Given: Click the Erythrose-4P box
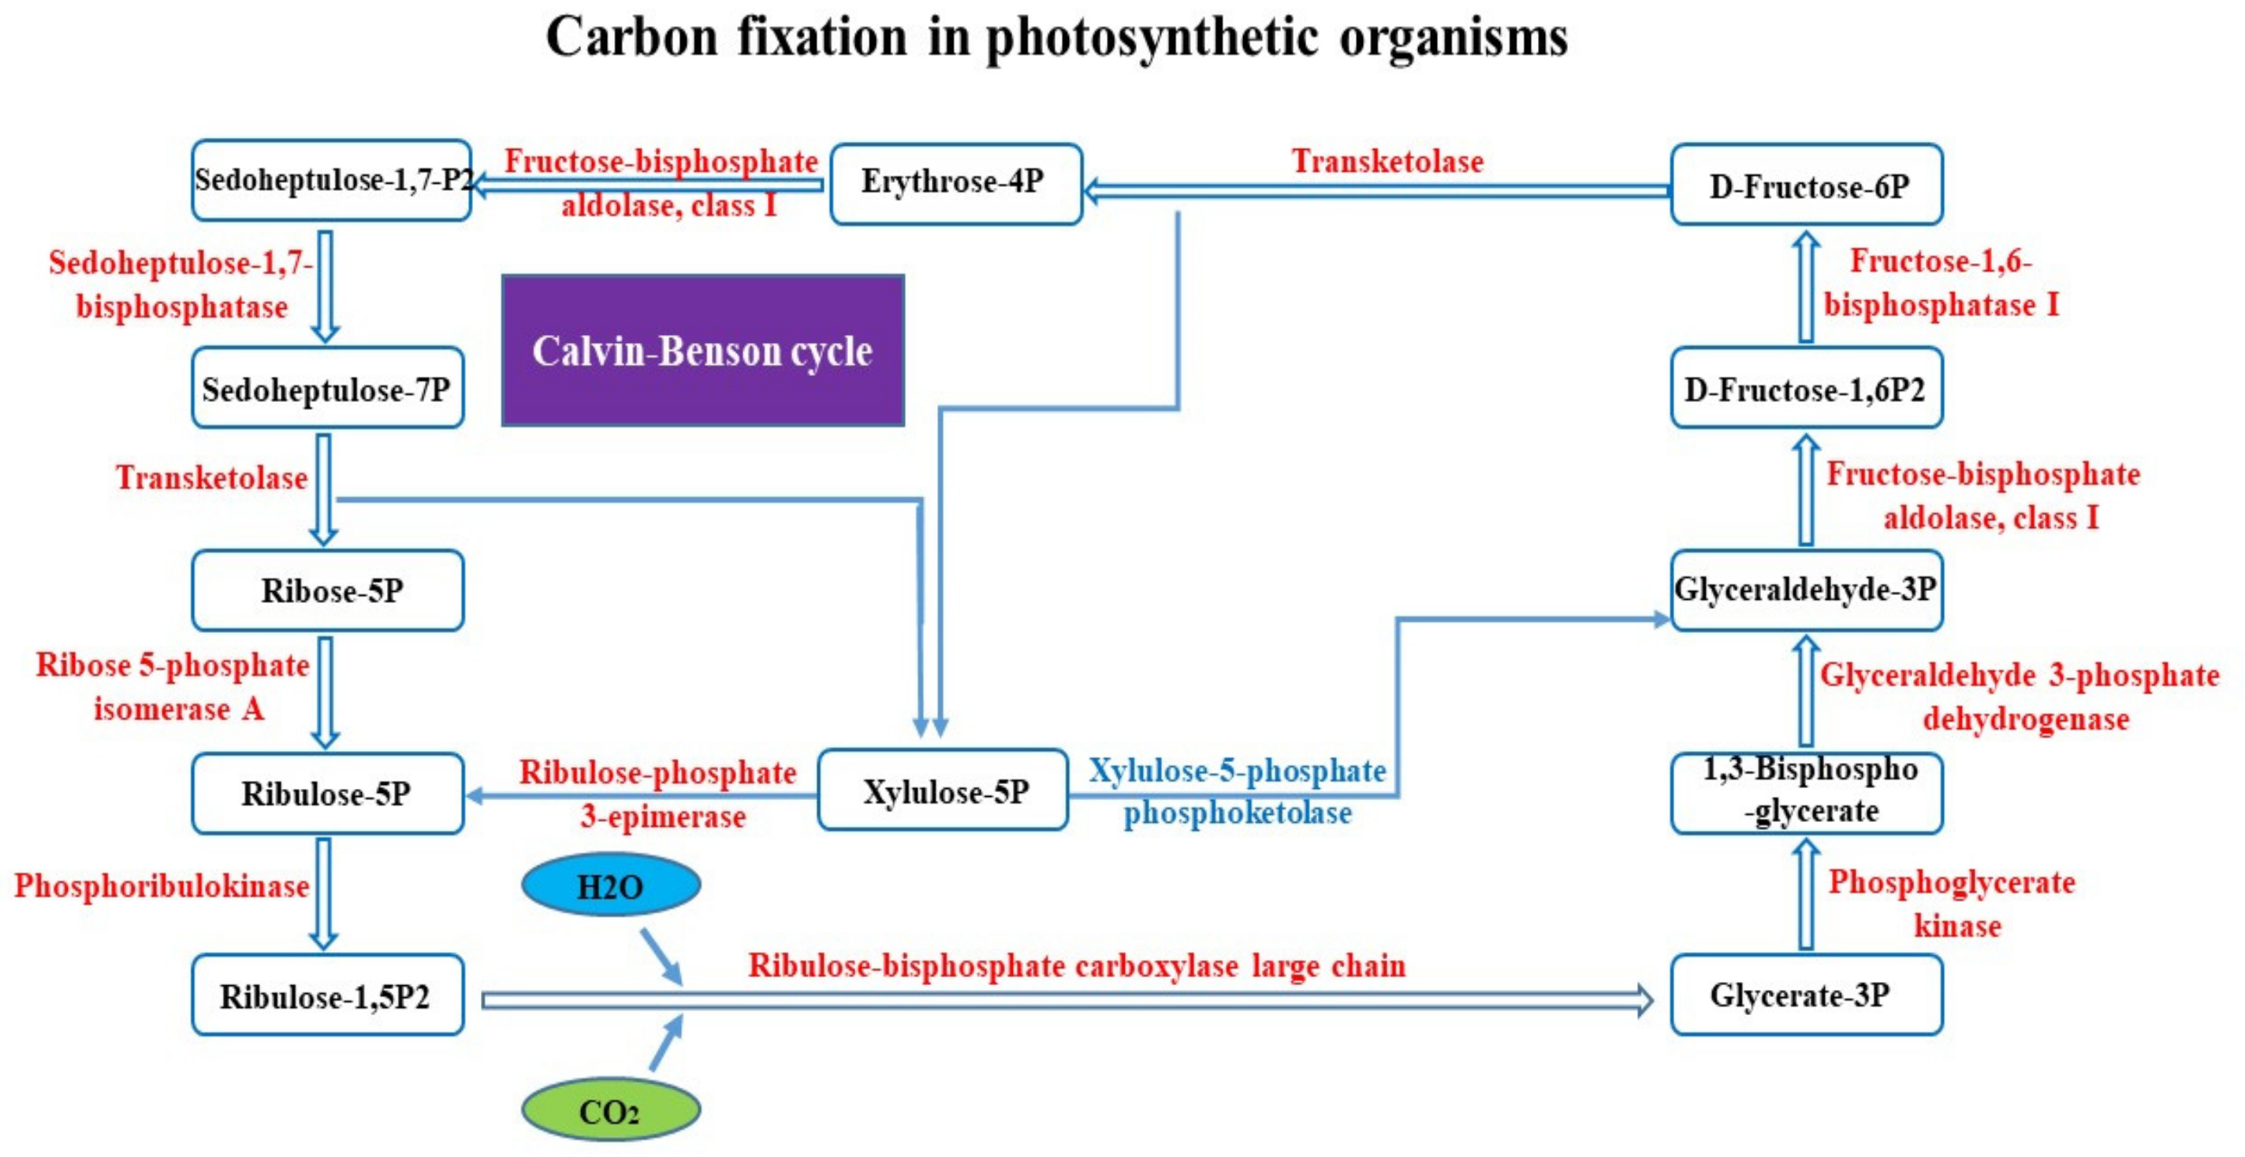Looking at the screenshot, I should pyautogui.click(x=955, y=184).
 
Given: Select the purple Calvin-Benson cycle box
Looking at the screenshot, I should pyautogui.click(x=702, y=350).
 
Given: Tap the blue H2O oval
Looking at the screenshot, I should pyautogui.click(x=610, y=885).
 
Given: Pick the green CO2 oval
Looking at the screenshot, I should pyautogui.click(x=610, y=1110).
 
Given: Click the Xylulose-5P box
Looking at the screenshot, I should pyautogui.click(x=943, y=791).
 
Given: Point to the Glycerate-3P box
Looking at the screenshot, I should pyautogui.click(x=1806, y=995).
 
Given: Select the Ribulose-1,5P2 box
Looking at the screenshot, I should pyautogui.click(x=327, y=995).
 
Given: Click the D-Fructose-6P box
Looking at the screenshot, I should pyautogui.click(x=1806, y=184).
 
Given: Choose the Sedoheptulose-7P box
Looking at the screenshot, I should pyautogui.click(x=327, y=388).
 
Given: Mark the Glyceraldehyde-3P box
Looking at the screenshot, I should pyautogui.click(x=1806, y=590).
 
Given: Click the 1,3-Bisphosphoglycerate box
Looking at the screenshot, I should pyautogui.click(x=1806, y=792).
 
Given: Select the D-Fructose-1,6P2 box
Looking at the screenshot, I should pyautogui.click(x=1806, y=388).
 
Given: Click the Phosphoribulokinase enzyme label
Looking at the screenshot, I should pyautogui.click(x=162, y=885).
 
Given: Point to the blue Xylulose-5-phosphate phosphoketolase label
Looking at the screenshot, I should pyautogui.click(x=1238, y=791).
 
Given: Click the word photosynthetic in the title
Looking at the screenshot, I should pyautogui.click(x=1152, y=39).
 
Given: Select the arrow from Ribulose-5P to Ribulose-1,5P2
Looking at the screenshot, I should pyautogui.click(x=323, y=893).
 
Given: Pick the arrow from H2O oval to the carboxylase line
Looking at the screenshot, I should pyautogui.click(x=661, y=956).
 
